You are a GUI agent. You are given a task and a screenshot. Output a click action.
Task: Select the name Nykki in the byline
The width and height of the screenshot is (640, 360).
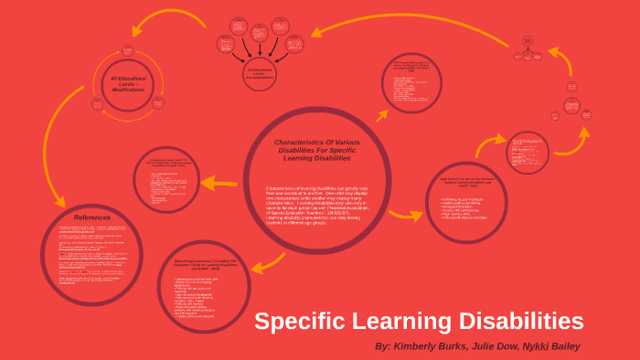point(524,346)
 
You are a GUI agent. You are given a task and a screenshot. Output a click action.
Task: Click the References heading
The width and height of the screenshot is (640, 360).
point(91,217)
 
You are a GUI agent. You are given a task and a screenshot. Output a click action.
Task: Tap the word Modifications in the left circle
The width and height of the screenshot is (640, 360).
point(128,90)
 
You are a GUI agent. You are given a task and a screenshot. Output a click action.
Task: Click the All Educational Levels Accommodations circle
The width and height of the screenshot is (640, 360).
point(259,73)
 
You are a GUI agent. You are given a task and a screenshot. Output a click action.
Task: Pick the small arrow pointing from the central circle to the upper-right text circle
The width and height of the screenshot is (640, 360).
point(385,116)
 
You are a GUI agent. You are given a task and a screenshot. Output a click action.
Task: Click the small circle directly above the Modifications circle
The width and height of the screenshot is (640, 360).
point(128,50)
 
